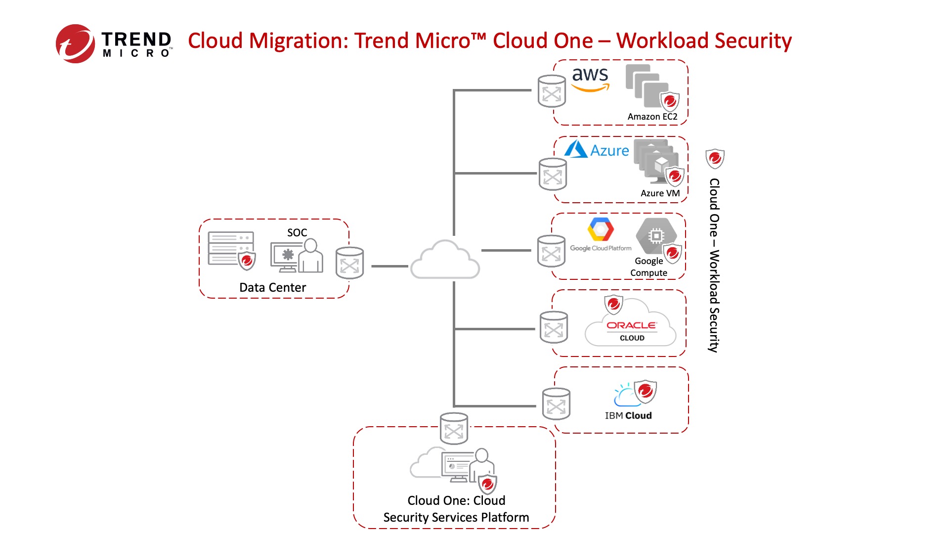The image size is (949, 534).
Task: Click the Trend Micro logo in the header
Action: point(114,44)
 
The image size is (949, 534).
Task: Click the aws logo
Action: point(590,79)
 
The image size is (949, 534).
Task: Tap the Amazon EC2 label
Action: point(652,117)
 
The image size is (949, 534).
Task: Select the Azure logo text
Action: point(609,150)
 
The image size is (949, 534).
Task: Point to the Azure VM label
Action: point(660,193)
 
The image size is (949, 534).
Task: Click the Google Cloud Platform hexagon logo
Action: point(601,230)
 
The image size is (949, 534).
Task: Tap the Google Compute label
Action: point(648,267)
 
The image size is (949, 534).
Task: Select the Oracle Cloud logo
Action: point(631,330)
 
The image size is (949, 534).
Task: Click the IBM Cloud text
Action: point(628,416)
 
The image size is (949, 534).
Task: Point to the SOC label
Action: point(297,232)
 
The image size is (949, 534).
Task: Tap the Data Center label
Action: point(272,288)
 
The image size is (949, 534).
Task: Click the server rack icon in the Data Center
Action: point(231,249)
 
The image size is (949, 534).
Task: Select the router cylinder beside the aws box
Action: point(552,91)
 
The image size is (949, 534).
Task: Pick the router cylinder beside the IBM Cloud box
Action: point(556,404)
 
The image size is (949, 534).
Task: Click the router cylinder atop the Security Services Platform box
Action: point(454,429)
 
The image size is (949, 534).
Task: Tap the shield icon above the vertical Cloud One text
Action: point(715,159)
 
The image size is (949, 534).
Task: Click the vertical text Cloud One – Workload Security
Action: point(714,265)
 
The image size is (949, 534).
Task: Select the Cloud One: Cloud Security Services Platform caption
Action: point(456,509)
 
